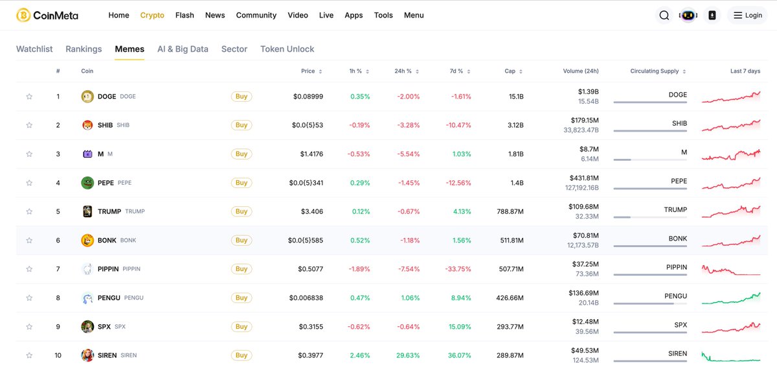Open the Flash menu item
(185, 15)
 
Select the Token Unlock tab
(287, 49)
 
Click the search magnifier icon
(664, 16)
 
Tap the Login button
(747, 16)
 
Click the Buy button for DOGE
(242, 97)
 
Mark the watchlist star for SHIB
(29, 125)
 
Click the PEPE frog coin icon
(87, 183)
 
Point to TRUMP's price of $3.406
(311, 211)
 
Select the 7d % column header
(456, 71)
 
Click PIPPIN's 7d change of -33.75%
(458, 269)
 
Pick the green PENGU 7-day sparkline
(731, 298)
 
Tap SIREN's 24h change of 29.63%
(408, 355)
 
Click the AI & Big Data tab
(183, 49)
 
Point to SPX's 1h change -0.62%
(359, 327)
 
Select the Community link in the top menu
(256, 15)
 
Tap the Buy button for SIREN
(242, 355)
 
